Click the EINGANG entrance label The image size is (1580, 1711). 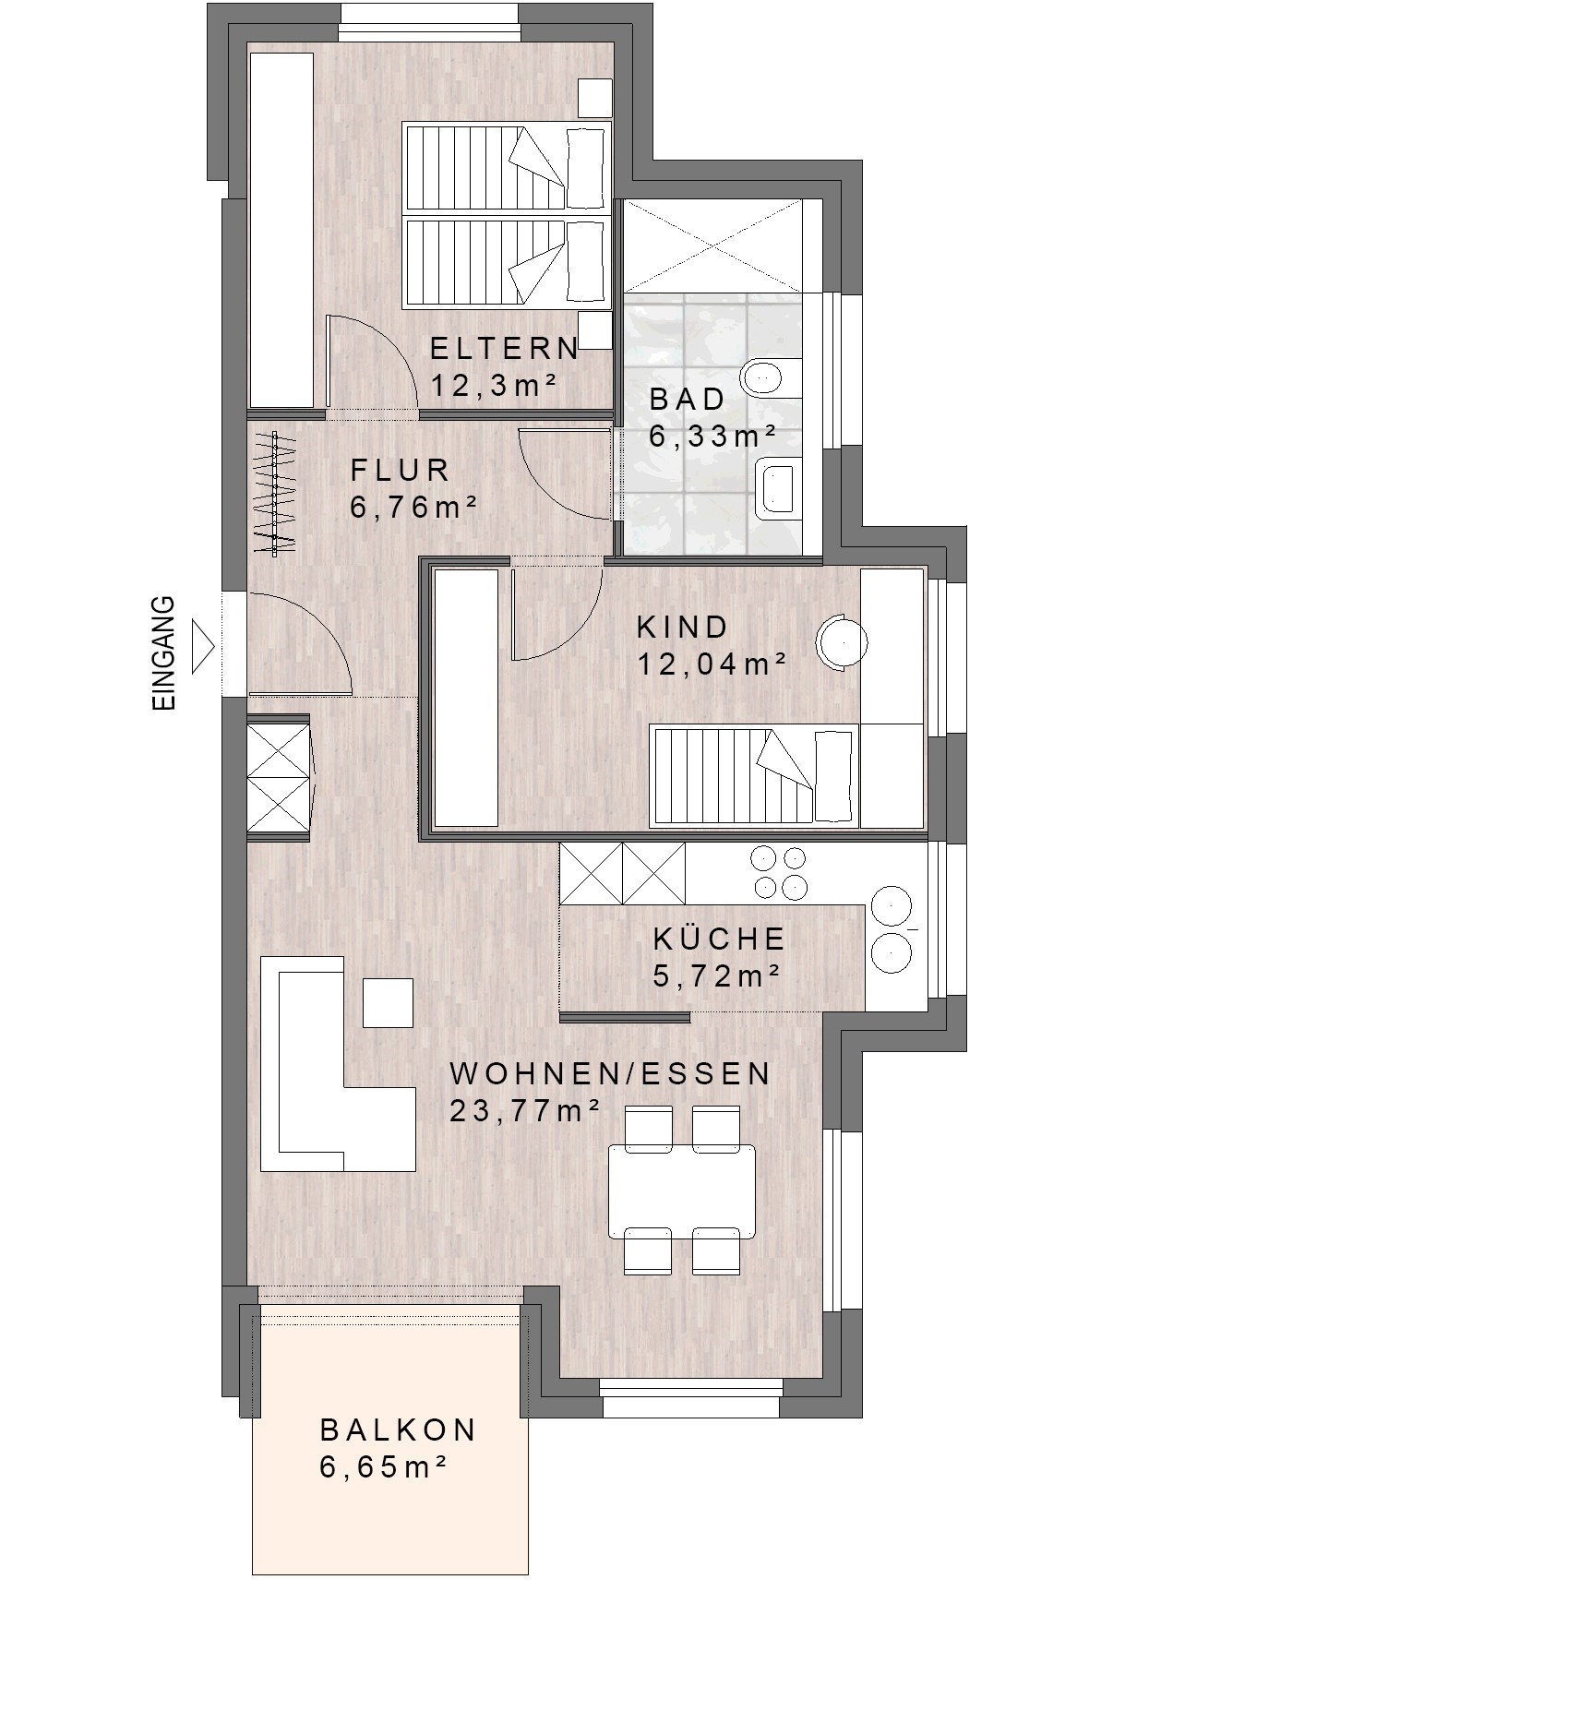(x=162, y=653)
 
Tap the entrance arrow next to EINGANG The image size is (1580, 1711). (x=203, y=647)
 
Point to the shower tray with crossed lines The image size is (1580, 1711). (x=712, y=246)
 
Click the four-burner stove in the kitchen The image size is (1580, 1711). (x=779, y=872)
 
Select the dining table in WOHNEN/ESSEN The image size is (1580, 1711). (x=681, y=1191)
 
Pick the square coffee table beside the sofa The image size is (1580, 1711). (x=388, y=1002)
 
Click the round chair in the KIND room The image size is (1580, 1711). (x=841, y=640)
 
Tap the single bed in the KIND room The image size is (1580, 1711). (x=755, y=774)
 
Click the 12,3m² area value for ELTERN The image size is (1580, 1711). (x=494, y=385)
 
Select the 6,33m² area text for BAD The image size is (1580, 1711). (x=712, y=436)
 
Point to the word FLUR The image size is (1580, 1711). (x=400, y=470)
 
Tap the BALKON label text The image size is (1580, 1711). (x=398, y=1430)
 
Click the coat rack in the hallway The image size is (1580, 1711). (x=275, y=493)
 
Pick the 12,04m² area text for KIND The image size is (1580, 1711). (x=712, y=664)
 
